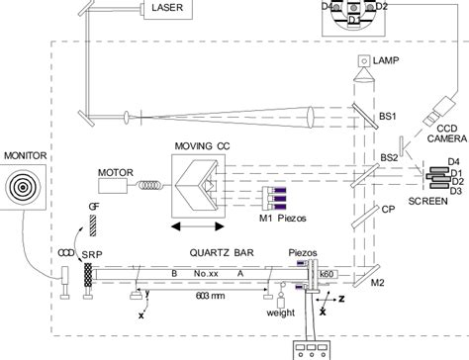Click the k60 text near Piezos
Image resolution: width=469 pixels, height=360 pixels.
tap(328, 270)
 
